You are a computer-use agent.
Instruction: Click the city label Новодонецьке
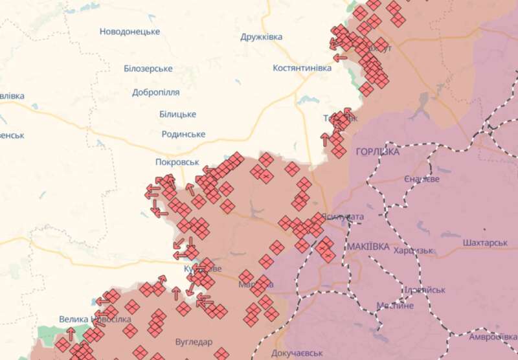point(129,31)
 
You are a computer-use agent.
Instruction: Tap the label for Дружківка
point(261,37)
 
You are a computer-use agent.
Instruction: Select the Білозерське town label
point(148,69)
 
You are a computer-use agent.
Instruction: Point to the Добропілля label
point(155,93)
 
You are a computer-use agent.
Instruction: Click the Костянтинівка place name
point(302,67)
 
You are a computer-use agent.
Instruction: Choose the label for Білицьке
point(177,114)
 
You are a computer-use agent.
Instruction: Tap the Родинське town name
point(183,134)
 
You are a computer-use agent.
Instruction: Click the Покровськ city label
point(177,162)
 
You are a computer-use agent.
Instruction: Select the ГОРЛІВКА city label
point(377,151)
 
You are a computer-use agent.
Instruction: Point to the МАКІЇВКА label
point(368,247)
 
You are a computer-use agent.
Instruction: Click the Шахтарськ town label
point(485,243)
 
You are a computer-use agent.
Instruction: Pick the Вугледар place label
point(195,341)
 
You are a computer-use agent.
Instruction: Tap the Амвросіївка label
point(493,336)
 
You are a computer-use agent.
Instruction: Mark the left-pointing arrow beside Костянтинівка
point(341,58)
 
